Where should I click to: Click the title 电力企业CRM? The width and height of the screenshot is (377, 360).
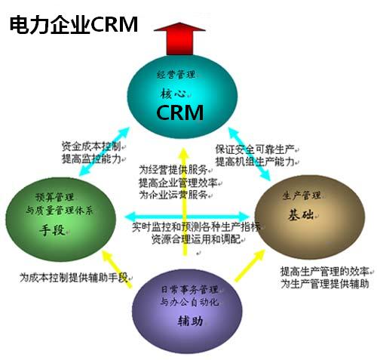(73, 24)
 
